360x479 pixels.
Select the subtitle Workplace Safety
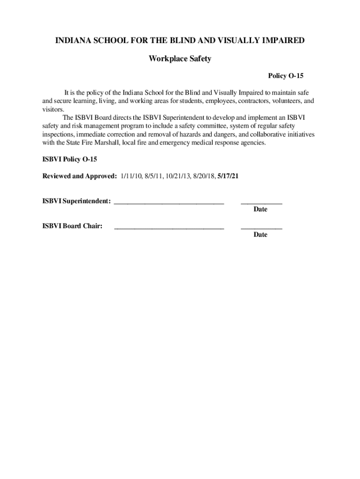[x=180, y=58]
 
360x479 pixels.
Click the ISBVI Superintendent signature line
[x=169, y=203]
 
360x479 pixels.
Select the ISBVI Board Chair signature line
[x=169, y=228]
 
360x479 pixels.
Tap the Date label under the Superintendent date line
[x=260, y=209]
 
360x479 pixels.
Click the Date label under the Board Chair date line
[x=260, y=234]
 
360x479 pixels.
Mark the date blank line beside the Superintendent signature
[x=261, y=203]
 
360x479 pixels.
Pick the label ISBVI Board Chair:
[x=72, y=226]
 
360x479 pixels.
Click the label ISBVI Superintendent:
[x=77, y=201]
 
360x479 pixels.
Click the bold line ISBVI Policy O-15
[x=70, y=160]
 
